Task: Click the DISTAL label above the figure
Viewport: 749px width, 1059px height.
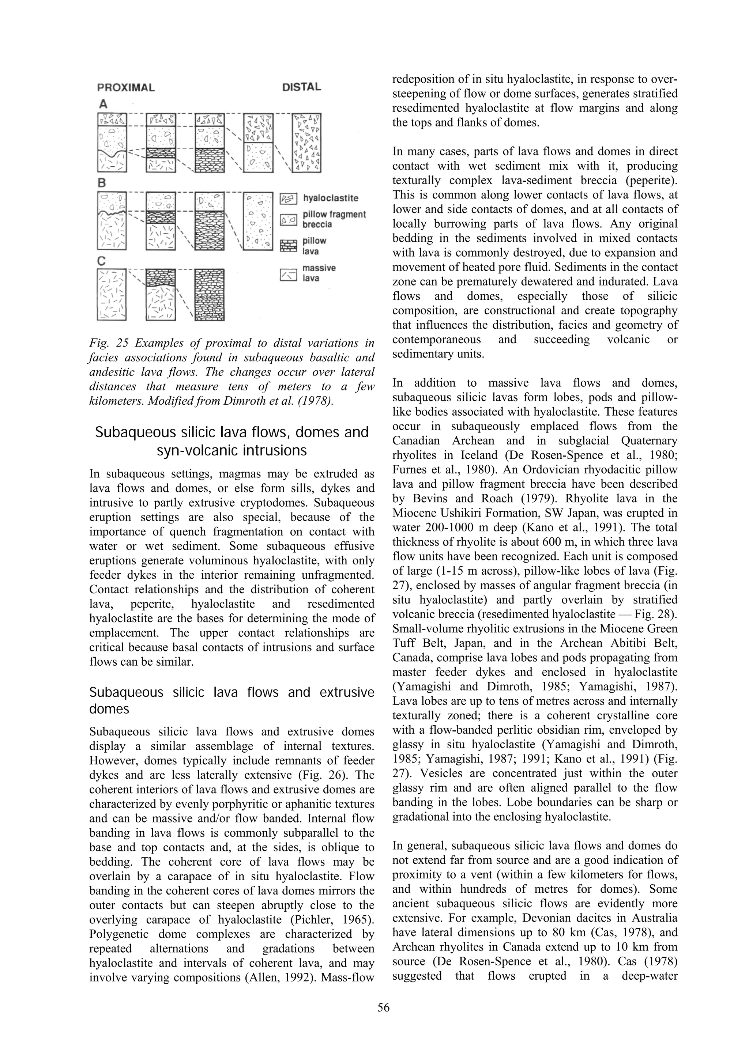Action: click(301, 87)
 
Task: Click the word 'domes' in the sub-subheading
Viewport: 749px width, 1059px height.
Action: click(109, 708)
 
